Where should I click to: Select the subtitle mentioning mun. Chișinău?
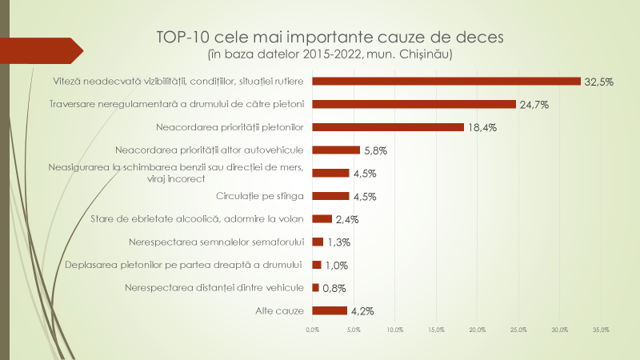point(330,54)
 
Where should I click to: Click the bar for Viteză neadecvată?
point(446,81)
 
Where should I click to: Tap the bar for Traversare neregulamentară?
point(414,104)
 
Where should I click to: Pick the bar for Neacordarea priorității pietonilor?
point(388,126)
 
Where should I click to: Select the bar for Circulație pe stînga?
point(330,196)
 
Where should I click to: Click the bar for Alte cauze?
point(329,311)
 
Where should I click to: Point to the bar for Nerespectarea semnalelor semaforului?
point(318,242)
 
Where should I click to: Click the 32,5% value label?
point(598,82)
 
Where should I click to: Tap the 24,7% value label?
point(534,105)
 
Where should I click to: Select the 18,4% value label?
point(482,127)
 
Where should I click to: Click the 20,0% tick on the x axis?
point(477,330)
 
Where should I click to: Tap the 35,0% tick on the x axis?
point(601,330)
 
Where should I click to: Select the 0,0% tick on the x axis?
point(312,330)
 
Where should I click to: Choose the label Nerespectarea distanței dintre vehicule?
point(214,287)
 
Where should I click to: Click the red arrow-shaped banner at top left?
point(45,51)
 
